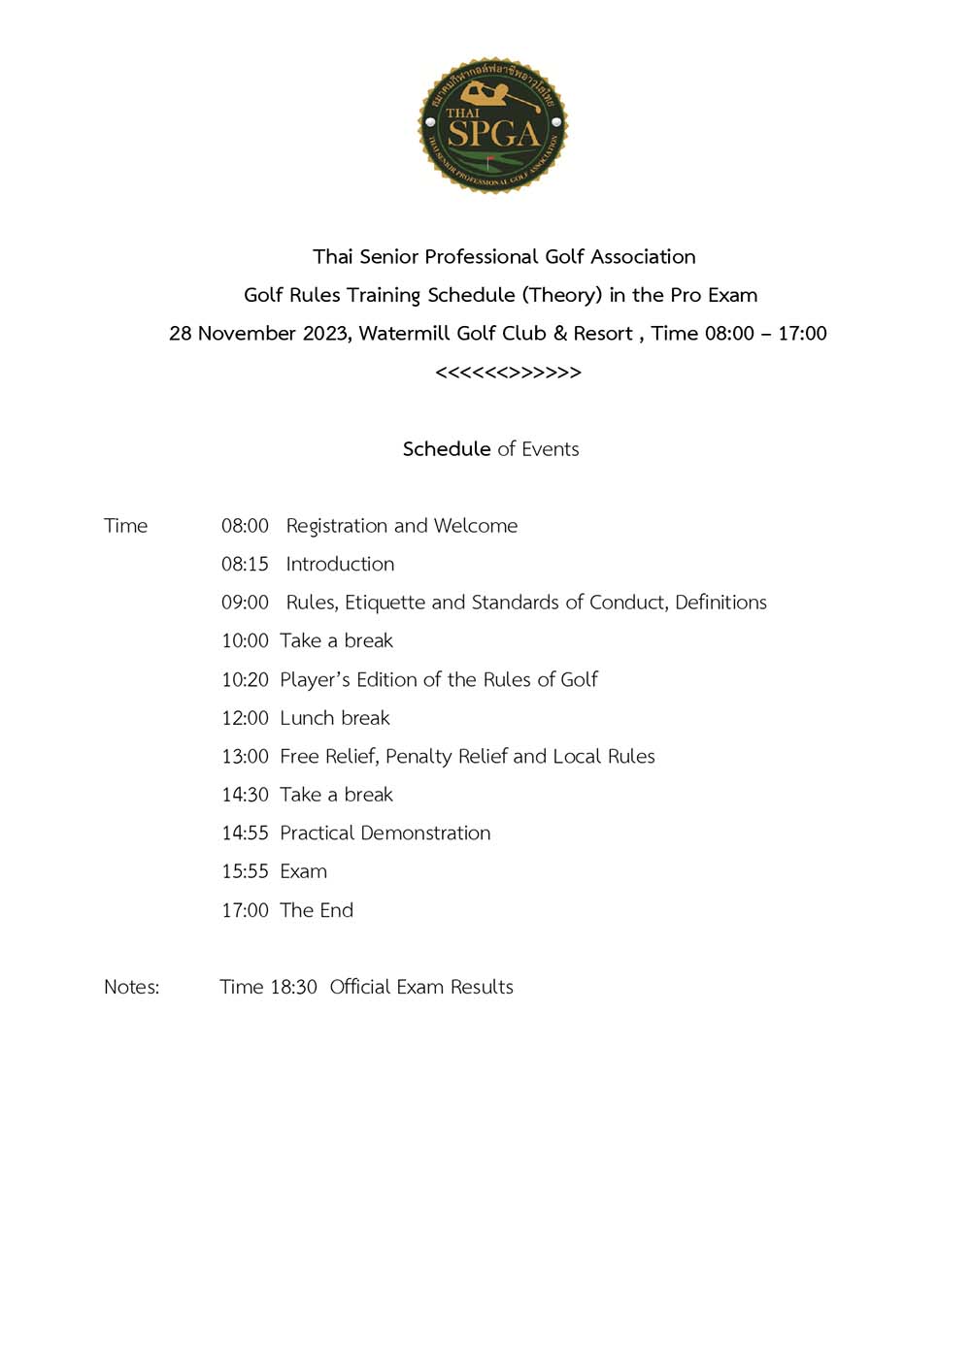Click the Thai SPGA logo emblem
[492, 125]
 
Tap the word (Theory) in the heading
[561, 295]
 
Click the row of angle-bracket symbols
[508, 373]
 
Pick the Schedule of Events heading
[490, 449]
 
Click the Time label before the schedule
[126, 526]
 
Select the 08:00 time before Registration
[245, 526]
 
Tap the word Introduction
[340, 565]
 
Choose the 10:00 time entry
[245, 641]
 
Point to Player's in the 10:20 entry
[315, 680]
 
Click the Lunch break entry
[334, 718]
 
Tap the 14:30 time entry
[245, 795]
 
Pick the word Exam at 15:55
[303, 871]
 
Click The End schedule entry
[317, 910]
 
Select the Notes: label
[132, 987]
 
